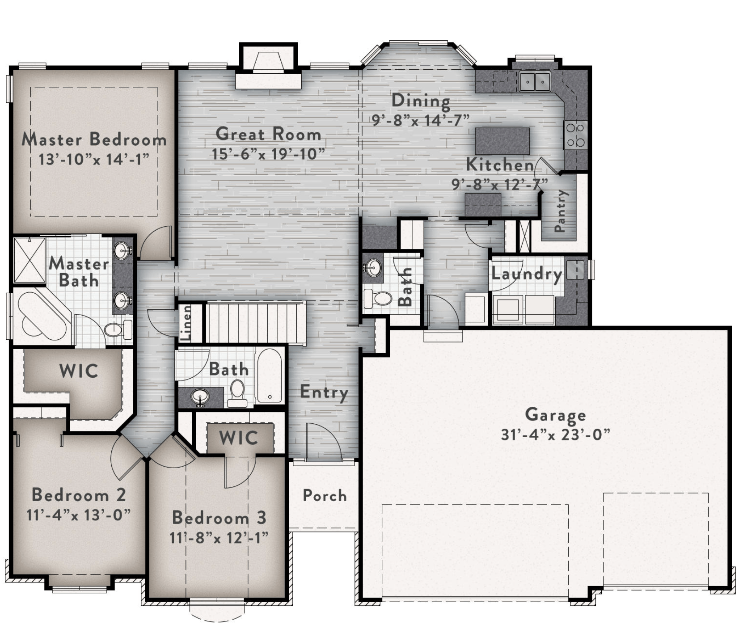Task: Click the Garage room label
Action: click(555, 415)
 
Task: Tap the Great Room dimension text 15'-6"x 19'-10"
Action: click(268, 154)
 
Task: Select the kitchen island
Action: click(502, 141)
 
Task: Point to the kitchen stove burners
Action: click(575, 135)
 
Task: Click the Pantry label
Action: click(560, 211)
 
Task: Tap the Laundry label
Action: click(527, 274)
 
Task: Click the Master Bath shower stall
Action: click(30, 260)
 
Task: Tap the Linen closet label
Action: click(186, 323)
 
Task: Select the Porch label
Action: click(325, 495)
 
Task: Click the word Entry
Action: click(324, 392)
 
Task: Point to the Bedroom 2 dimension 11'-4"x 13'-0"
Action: click(78, 515)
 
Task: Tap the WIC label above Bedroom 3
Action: click(238, 438)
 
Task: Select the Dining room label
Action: click(421, 101)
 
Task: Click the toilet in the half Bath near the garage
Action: click(377, 298)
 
